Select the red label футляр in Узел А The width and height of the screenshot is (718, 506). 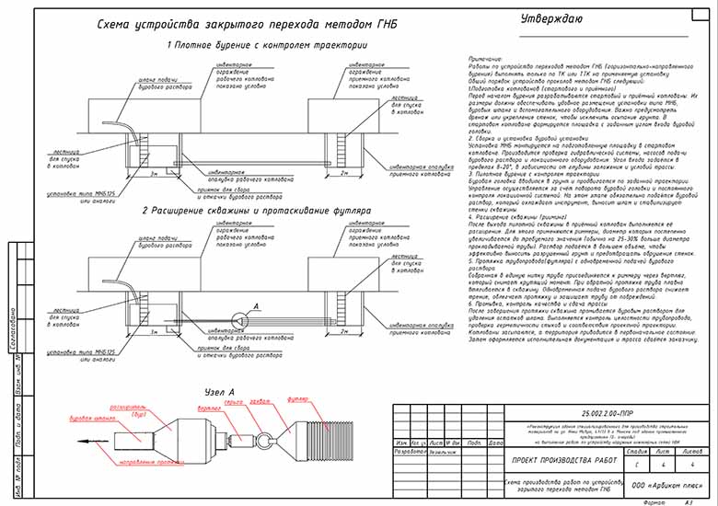point(295,400)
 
